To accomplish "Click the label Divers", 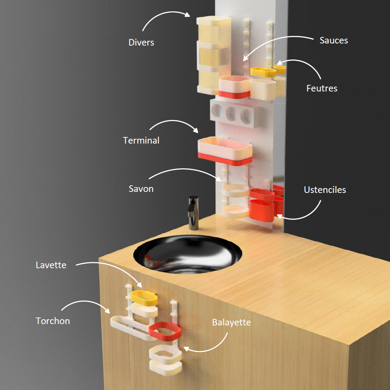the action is click(x=141, y=42).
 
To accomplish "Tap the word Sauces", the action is click(x=333, y=40).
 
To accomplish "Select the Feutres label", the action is click(x=322, y=88).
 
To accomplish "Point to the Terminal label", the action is click(x=141, y=140).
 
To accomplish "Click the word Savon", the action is click(x=141, y=189).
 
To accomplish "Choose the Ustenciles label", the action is click(x=325, y=190).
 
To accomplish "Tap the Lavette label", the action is click(x=51, y=265).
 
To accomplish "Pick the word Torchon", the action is click(x=53, y=321).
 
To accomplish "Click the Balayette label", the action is click(x=232, y=322).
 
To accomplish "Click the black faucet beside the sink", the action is click(x=193, y=213).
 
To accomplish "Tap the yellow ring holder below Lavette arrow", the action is click(x=144, y=298).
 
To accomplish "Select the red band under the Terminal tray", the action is click(x=225, y=159).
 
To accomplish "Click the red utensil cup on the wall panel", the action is click(x=262, y=210).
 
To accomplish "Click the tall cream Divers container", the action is click(x=214, y=55).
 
